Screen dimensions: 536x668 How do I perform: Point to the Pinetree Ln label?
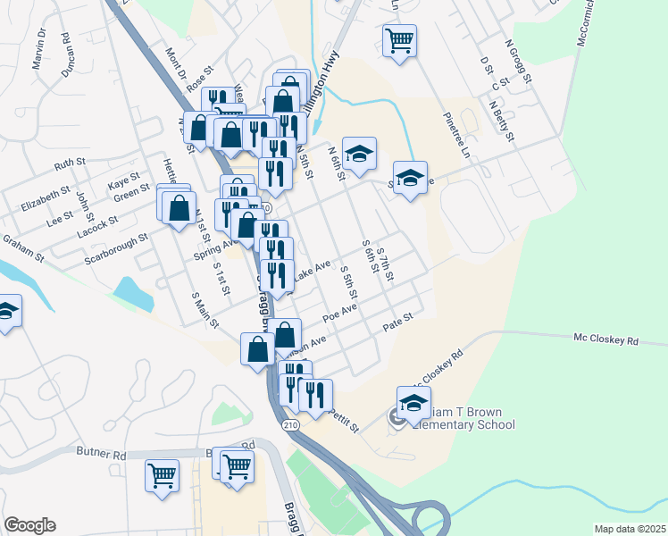(x=456, y=135)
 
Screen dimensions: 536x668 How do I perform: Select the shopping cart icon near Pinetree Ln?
(x=399, y=39)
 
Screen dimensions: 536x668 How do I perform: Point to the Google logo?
(x=29, y=525)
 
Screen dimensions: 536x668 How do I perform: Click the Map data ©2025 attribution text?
(x=630, y=529)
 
